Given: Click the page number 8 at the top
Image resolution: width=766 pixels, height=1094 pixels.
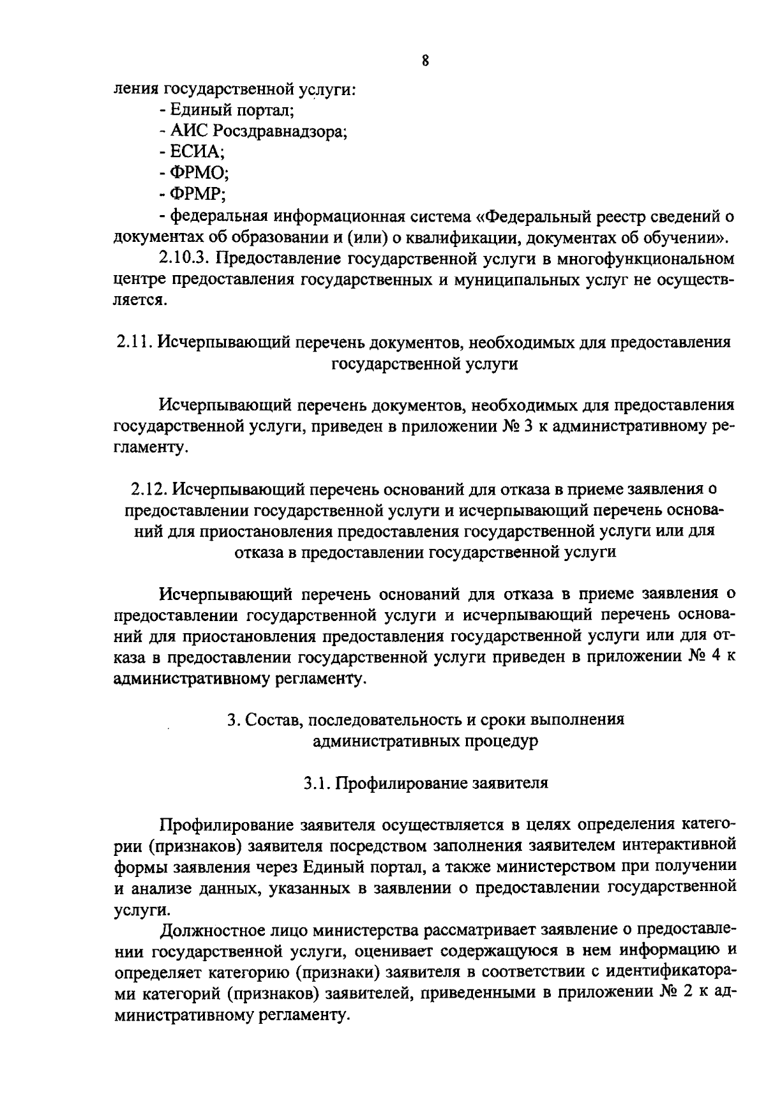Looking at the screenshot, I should point(424,61).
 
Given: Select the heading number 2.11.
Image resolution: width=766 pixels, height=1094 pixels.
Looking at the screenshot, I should point(133,342).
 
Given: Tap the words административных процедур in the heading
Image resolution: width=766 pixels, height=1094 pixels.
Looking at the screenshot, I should point(426,741).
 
